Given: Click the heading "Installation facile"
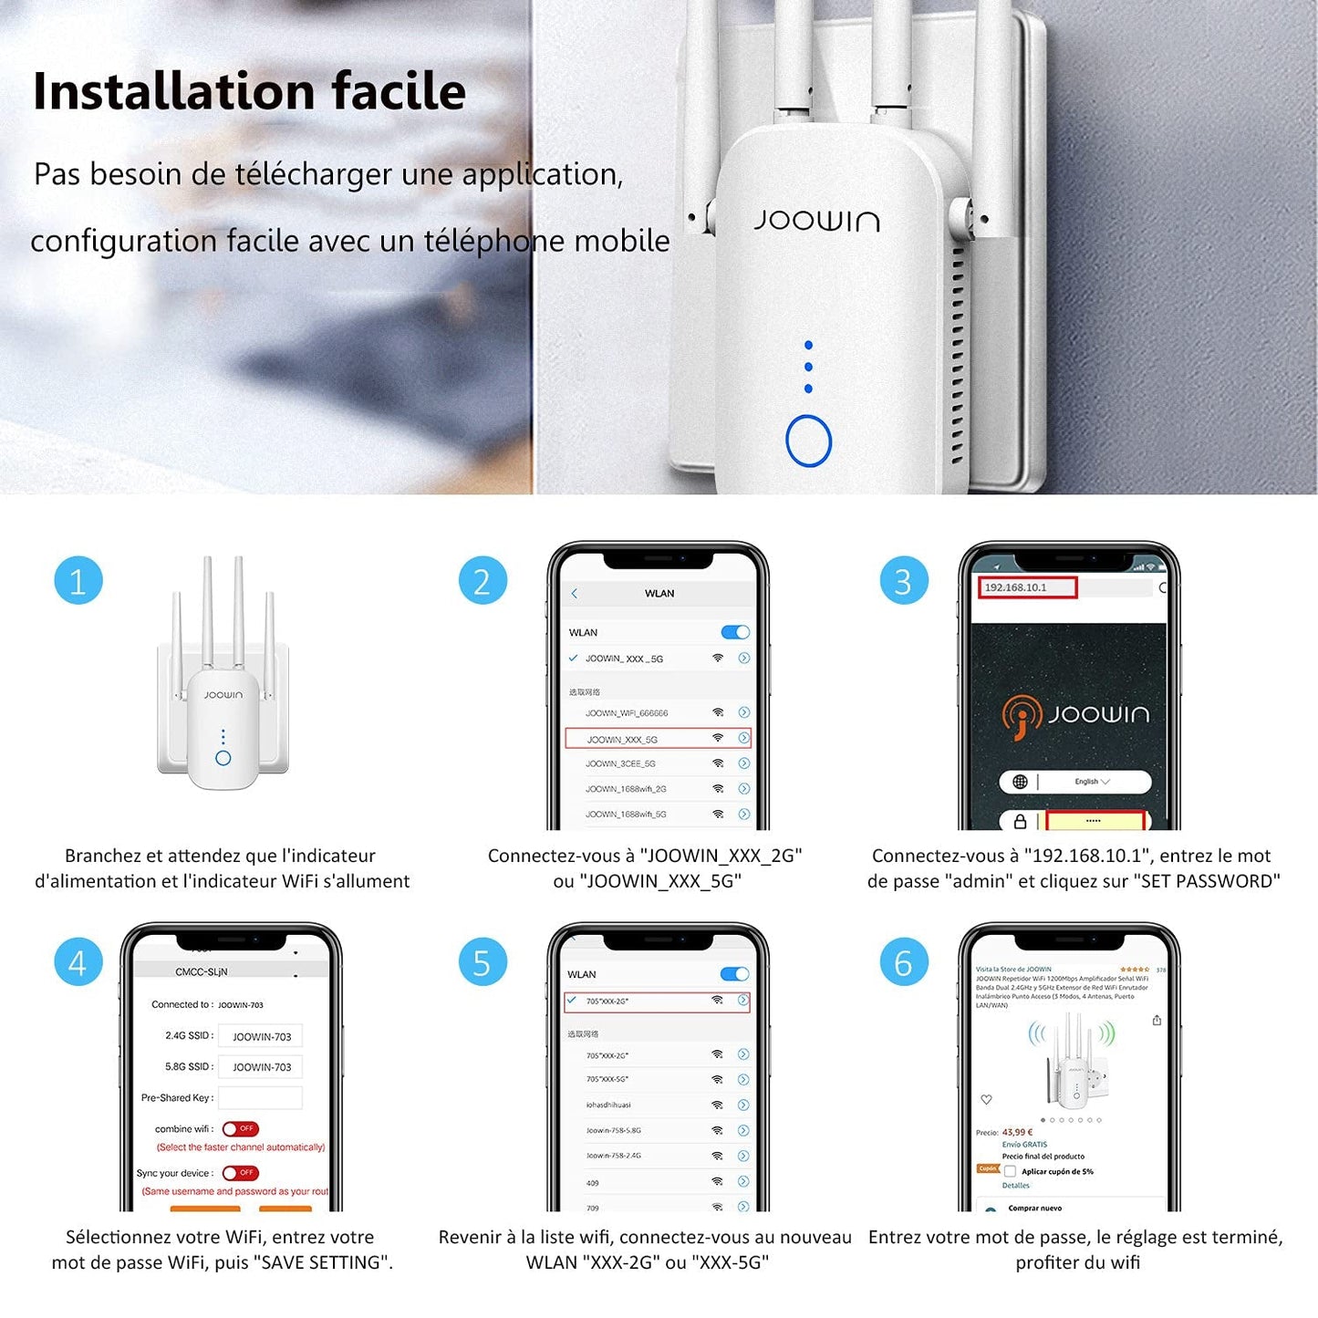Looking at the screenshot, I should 249,91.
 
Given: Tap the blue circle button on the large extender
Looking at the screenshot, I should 808,441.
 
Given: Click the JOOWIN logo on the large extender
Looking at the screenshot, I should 816,221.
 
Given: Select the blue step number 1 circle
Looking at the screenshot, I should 78,581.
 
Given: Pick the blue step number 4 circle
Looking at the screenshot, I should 78,962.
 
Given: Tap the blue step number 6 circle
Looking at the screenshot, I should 903,962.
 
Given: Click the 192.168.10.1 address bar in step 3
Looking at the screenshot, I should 1028,587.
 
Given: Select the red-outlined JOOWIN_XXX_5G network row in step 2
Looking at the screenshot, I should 657,738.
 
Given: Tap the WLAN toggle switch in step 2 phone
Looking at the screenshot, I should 735,632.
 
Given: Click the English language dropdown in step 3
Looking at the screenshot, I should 1091,782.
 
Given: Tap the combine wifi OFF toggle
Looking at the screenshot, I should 241,1128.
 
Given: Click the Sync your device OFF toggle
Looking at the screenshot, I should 241,1173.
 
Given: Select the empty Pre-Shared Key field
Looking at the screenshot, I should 261,1097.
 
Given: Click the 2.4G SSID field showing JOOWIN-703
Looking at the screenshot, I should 261,1036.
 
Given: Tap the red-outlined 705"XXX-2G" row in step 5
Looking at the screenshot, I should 657,1001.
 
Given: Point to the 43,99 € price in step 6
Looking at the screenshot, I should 1017,1132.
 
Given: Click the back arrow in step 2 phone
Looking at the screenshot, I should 574,594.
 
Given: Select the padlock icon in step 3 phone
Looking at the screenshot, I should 1020,822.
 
